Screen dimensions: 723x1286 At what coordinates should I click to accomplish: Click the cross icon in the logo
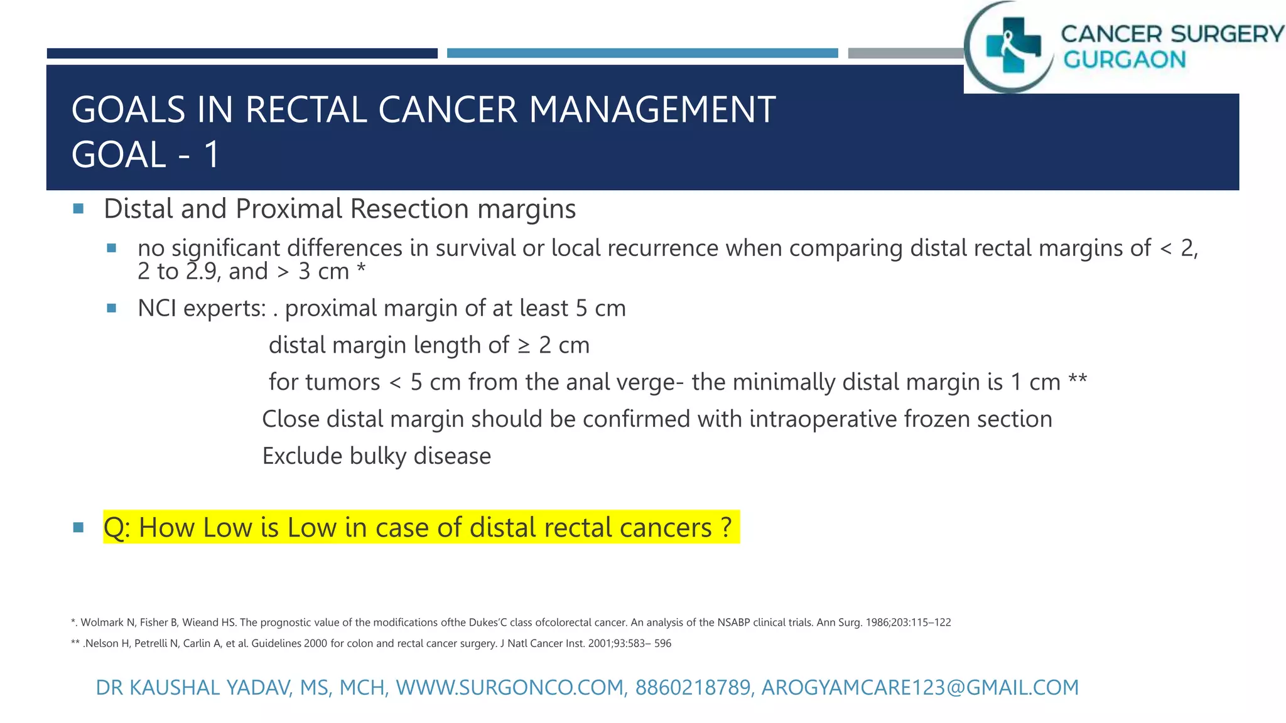pos(1013,45)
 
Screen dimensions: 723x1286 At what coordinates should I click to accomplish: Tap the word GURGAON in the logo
pos(1124,60)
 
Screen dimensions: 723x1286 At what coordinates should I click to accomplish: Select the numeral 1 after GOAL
pos(212,154)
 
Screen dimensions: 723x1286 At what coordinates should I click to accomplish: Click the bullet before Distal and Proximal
pos(78,209)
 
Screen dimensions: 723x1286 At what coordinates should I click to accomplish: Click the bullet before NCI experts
pos(112,308)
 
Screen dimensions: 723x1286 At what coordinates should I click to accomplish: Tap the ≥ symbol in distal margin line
pos(524,346)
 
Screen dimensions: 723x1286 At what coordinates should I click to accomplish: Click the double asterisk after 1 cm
pos(1078,380)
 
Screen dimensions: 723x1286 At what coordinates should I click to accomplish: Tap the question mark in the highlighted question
pos(726,527)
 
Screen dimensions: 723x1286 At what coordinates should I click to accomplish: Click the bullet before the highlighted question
pos(78,527)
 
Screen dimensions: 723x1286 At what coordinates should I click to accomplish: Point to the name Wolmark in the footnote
pos(102,623)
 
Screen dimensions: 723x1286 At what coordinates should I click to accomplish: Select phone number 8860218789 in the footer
pos(693,688)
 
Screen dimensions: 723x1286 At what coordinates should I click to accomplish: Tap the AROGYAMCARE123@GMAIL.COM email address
pos(920,688)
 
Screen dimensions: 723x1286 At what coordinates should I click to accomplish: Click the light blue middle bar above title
pos(642,53)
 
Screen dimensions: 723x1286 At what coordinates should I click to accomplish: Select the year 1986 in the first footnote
pos(877,623)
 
